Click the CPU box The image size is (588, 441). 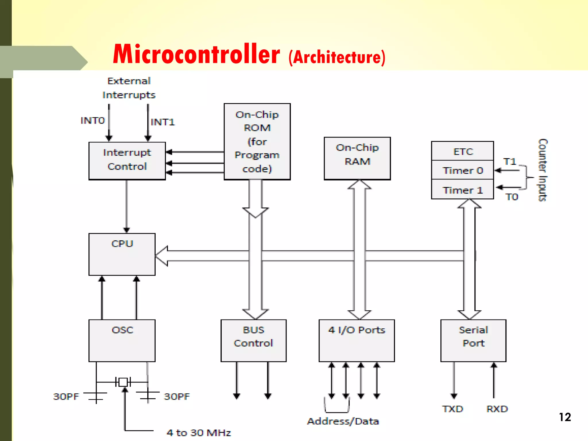point(122,254)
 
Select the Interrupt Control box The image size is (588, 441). point(127,160)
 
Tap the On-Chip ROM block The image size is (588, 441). point(257,142)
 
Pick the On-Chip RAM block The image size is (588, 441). point(357,158)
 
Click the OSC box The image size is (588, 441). point(122,341)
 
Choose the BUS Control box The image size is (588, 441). point(254,341)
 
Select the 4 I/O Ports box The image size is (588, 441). point(357,341)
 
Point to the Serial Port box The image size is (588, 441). point(473,341)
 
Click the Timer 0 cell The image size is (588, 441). point(463,170)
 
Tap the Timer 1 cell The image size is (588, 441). point(463,190)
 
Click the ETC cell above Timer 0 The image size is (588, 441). point(463,151)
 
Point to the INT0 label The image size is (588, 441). point(93,121)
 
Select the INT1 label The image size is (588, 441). point(163,122)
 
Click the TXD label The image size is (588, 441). point(453,409)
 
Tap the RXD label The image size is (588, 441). point(497,409)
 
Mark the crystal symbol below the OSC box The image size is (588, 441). point(123,382)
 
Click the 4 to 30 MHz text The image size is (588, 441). point(199,432)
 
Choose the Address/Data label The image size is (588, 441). point(343,421)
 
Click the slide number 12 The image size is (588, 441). point(565,417)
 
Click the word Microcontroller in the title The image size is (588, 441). point(196,55)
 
